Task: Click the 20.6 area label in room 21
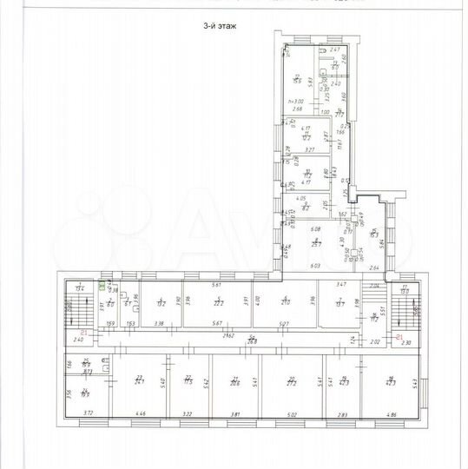(234, 381)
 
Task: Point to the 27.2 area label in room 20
(291, 381)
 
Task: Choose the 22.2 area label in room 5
(219, 303)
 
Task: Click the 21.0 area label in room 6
(284, 303)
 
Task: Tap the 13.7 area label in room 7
(339, 303)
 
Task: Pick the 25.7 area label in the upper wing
(318, 244)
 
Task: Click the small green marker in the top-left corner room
(102, 284)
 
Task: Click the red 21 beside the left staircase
(84, 333)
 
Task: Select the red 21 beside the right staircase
(399, 336)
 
